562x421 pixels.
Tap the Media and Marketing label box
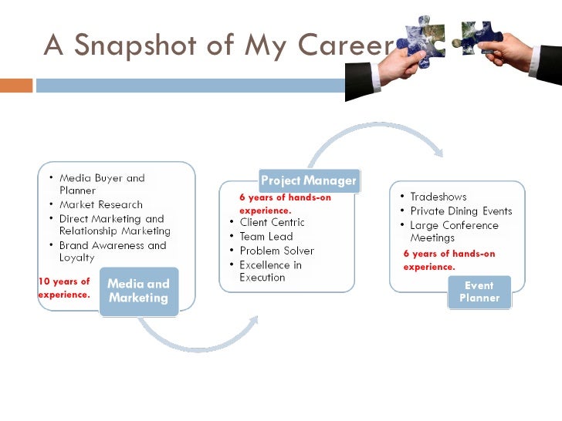(x=139, y=291)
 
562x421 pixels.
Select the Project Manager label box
(x=308, y=180)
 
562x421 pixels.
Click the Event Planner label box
(x=479, y=291)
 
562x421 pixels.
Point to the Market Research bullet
(x=100, y=204)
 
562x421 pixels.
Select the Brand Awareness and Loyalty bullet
(x=112, y=251)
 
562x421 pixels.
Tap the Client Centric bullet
(x=272, y=223)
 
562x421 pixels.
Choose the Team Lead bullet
(x=266, y=237)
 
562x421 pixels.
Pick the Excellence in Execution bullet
(x=270, y=271)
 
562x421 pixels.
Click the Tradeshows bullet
(x=438, y=197)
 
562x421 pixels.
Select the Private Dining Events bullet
(x=460, y=210)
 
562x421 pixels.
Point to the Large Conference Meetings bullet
(x=454, y=231)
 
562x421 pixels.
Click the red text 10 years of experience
(x=64, y=288)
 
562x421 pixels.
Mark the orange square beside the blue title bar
(x=16, y=85)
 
